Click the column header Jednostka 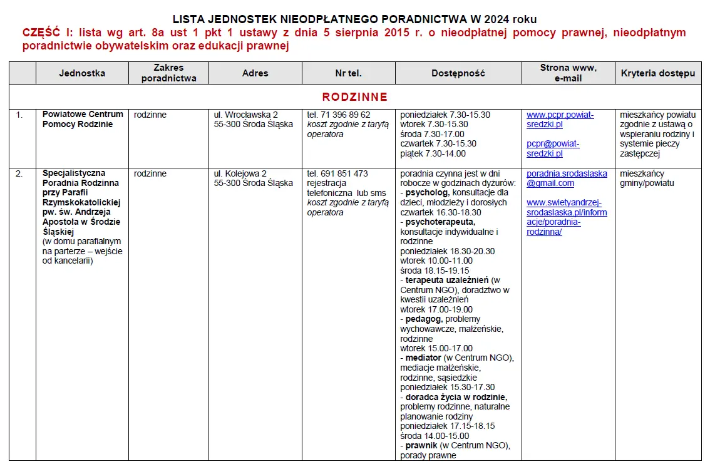click(82, 73)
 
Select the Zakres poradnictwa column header click(168, 73)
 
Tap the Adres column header click(255, 73)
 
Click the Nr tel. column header click(348, 73)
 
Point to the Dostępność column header click(458, 73)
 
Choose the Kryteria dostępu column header click(658, 73)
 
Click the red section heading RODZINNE click(354, 97)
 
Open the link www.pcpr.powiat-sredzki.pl click(560, 120)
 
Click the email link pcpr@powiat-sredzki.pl click(553, 148)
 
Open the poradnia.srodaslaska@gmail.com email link click(566, 178)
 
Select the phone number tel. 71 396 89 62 click(338, 115)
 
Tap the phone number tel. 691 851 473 click(337, 173)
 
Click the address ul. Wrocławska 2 click(245, 115)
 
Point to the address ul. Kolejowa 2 click(240, 173)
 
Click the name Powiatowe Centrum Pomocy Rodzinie click(82, 120)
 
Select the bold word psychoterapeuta click(440, 222)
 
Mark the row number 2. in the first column click(19, 173)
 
